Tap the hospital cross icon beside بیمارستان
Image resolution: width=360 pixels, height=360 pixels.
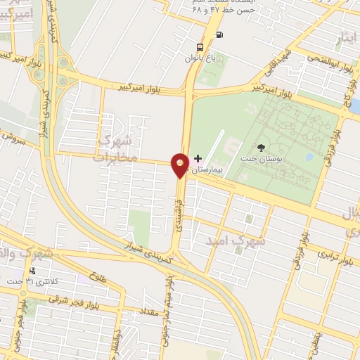click(198, 159)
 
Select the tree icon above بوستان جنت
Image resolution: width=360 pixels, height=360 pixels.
click(262, 148)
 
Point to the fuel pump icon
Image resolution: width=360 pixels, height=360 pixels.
click(220, 34)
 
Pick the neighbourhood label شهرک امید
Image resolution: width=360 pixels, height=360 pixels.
click(236, 240)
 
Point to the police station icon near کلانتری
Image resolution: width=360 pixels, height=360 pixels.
click(32, 271)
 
